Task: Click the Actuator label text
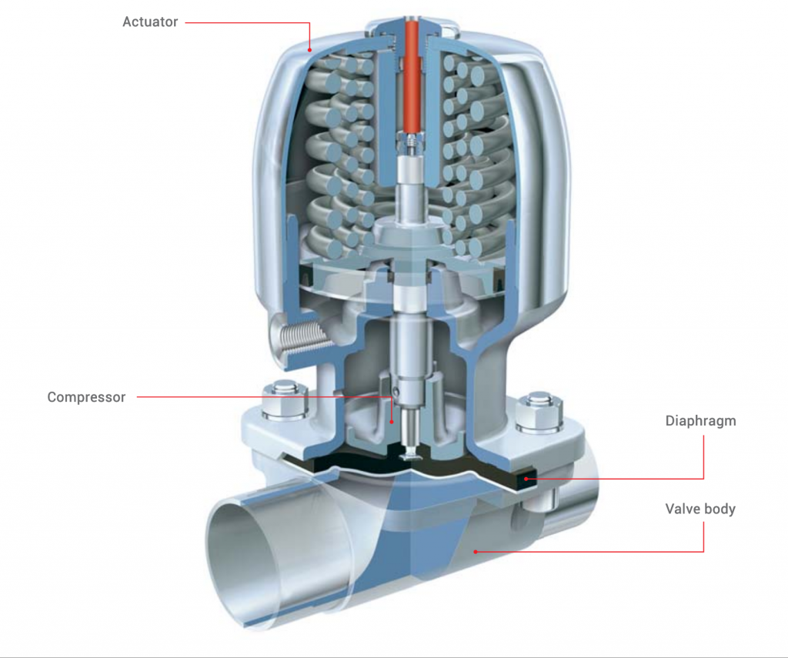pos(150,22)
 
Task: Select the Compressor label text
pos(86,398)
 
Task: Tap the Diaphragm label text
pos(700,422)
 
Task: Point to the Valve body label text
pos(700,509)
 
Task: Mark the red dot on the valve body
pos(476,551)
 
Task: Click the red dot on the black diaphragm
pos(526,479)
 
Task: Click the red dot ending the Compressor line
pos(391,421)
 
